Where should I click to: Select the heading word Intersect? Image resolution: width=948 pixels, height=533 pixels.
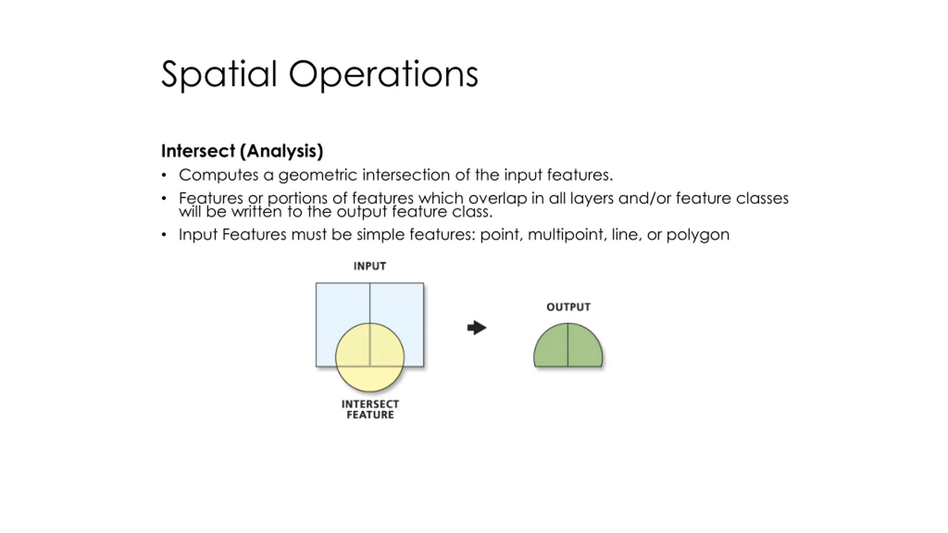click(198, 151)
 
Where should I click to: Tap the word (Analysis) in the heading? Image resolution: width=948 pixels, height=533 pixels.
click(281, 151)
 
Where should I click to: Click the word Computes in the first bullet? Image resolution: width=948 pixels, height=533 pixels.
click(218, 175)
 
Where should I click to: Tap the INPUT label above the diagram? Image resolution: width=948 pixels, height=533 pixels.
click(370, 266)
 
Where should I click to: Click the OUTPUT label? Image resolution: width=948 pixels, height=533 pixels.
click(568, 307)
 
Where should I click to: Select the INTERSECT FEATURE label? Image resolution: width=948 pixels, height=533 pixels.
click(370, 409)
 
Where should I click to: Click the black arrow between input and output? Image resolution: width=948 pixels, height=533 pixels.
click(477, 328)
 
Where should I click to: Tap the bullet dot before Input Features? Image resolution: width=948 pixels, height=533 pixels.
click(164, 235)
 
